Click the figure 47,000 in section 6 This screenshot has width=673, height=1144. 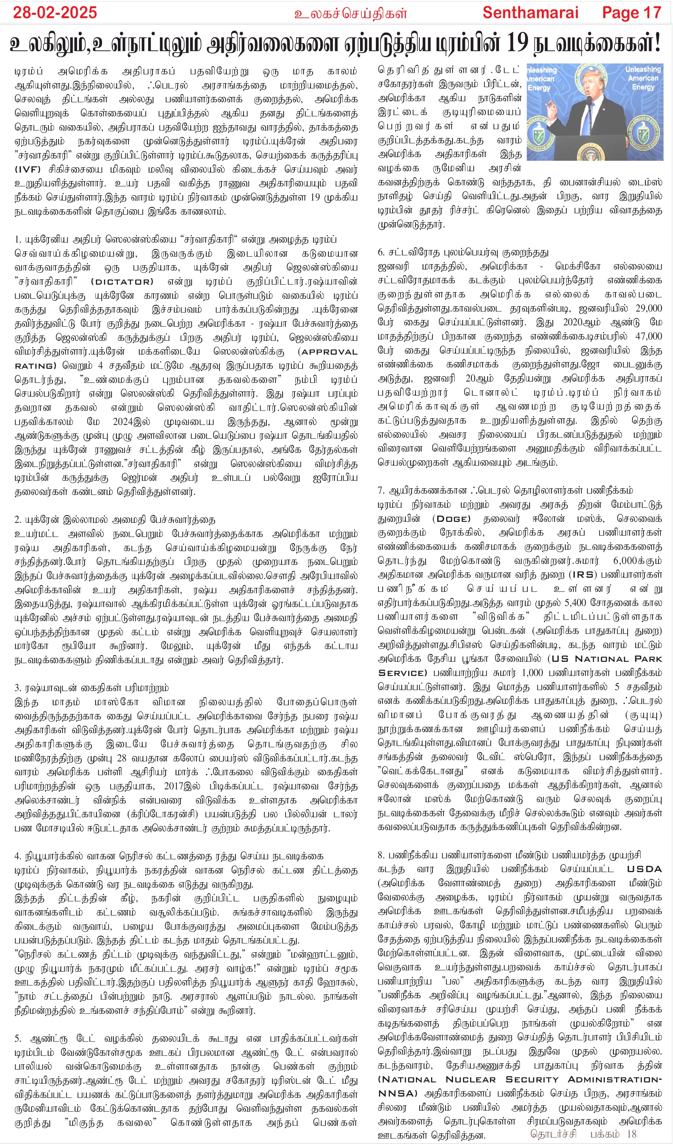click(648, 336)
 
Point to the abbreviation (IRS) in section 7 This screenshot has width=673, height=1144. click(583, 575)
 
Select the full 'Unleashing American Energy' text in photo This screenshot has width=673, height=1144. click(643, 78)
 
